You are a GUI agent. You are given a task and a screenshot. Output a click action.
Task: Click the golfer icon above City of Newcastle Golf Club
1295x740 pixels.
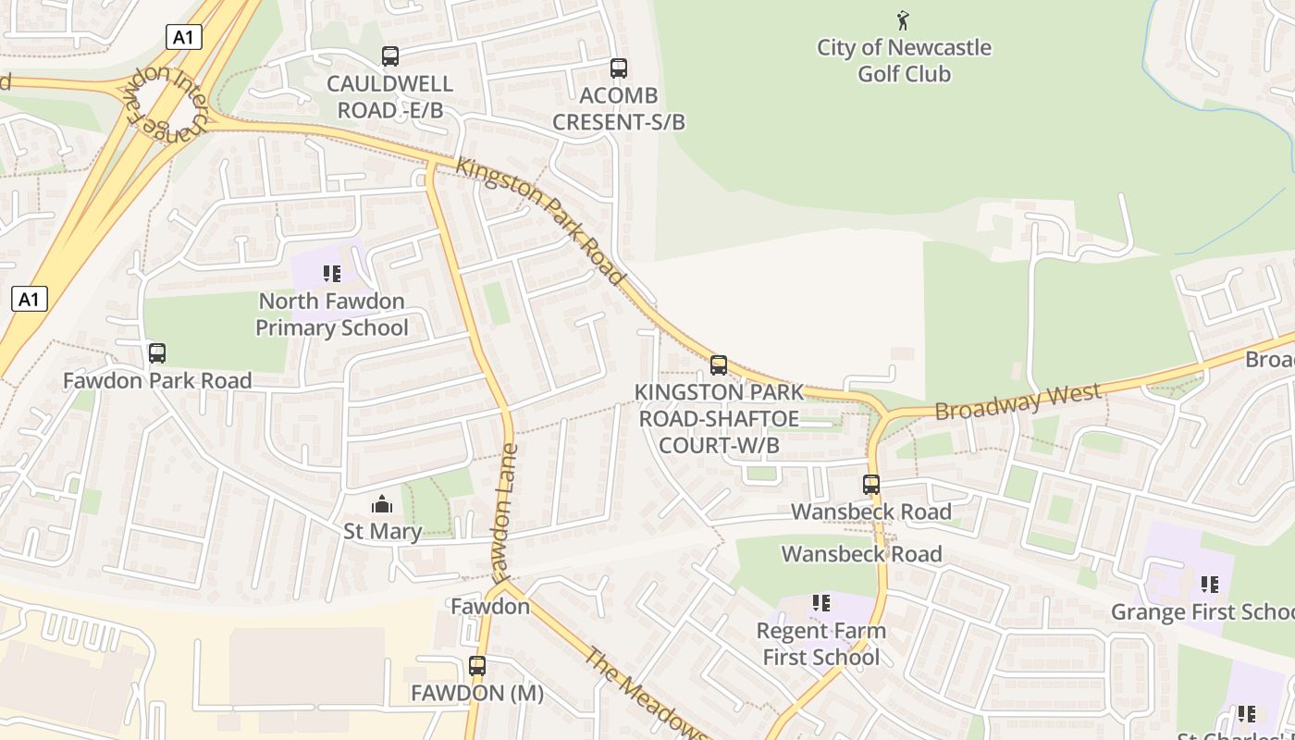pos(904,19)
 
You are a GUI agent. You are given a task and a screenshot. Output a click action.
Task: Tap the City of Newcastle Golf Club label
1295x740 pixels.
pos(904,60)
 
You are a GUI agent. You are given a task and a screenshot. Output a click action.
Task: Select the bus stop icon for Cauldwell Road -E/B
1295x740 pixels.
pos(390,56)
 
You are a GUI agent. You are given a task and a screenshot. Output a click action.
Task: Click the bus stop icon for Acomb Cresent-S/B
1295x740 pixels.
pos(618,68)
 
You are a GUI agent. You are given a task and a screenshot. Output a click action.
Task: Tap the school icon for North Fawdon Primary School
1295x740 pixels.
pos(331,274)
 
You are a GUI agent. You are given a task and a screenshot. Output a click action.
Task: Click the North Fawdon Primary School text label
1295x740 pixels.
pos(331,314)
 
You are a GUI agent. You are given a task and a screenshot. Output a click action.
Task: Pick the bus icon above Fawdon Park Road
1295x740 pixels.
pos(157,353)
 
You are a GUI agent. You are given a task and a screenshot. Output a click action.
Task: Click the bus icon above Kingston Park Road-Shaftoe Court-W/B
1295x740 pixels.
pos(719,365)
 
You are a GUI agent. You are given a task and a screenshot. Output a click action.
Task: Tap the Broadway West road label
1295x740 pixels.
pos(1017,401)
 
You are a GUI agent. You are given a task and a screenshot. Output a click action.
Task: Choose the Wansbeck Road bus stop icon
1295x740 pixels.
pos(870,485)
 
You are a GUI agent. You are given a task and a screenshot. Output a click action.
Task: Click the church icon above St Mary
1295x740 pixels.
pos(382,504)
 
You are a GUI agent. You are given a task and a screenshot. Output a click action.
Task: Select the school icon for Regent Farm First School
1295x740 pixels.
pos(820,603)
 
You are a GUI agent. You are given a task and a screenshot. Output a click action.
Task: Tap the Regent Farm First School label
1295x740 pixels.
pos(820,644)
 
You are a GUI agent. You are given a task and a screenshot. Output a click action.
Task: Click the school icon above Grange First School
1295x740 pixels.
pos(1209,584)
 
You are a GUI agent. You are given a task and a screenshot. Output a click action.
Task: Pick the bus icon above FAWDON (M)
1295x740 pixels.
pos(477,666)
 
